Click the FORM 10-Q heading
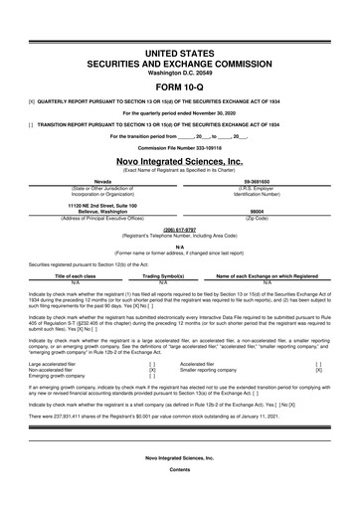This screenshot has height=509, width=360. coord(180,85)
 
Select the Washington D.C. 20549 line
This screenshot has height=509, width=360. coord(180,73)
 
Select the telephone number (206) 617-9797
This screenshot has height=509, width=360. coord(180,226)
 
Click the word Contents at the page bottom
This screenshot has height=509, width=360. coord(180,496)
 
